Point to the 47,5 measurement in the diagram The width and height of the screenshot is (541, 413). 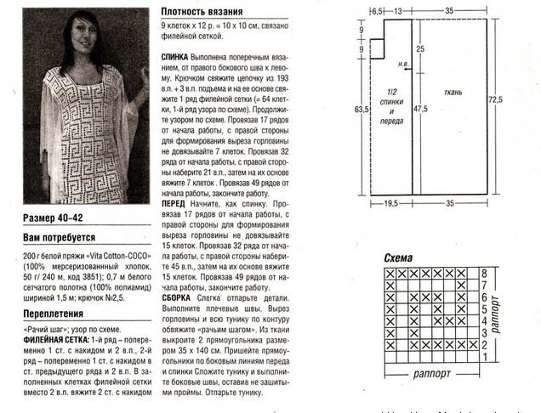[420, 109]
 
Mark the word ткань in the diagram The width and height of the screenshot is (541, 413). [452, 91]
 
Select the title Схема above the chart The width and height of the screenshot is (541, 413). [398, 257]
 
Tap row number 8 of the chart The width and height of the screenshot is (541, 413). [483, 274]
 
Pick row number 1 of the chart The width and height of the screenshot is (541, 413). [483, 357]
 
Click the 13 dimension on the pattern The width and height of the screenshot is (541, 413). [398, 10]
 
